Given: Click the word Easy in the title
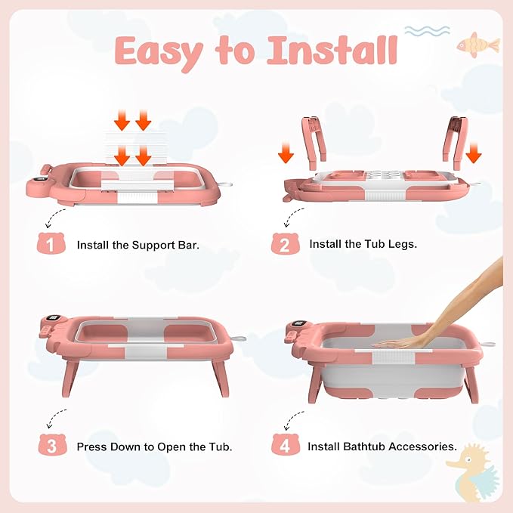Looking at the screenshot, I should [x=159, y=51].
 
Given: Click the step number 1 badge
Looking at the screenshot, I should [x=51, y=245].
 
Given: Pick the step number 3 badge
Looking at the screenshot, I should [x=51, y=446].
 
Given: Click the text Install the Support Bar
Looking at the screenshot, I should [x=138, y=246].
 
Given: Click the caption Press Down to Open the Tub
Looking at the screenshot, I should [x=154, y=447].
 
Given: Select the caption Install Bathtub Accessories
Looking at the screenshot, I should [x=382, y=447].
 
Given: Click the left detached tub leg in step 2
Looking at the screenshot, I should [x=312, y=139].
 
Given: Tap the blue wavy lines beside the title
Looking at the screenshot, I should [x=427, y=31].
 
